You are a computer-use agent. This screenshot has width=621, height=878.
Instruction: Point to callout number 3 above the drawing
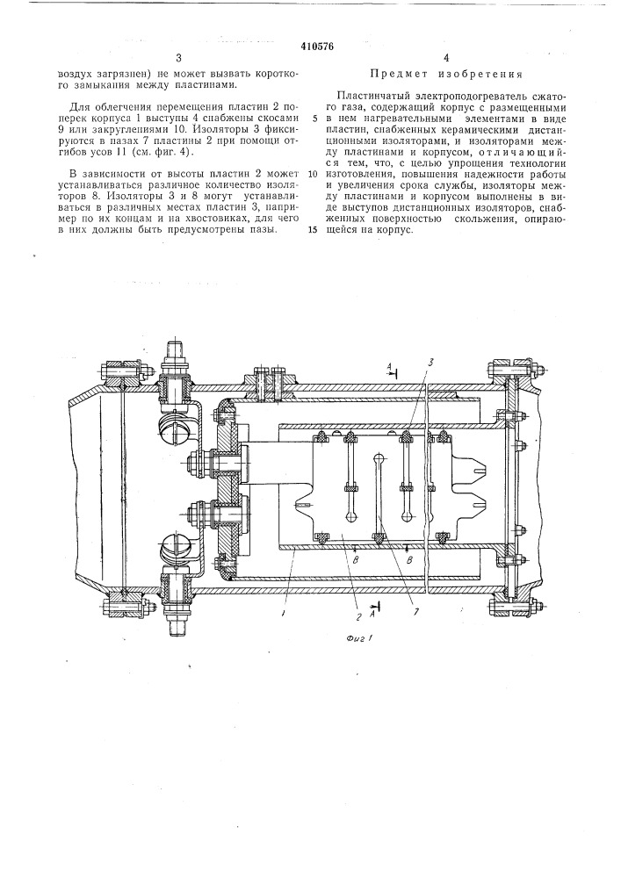point(431,363)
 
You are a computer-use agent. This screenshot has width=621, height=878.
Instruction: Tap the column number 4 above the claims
point(445,57)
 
